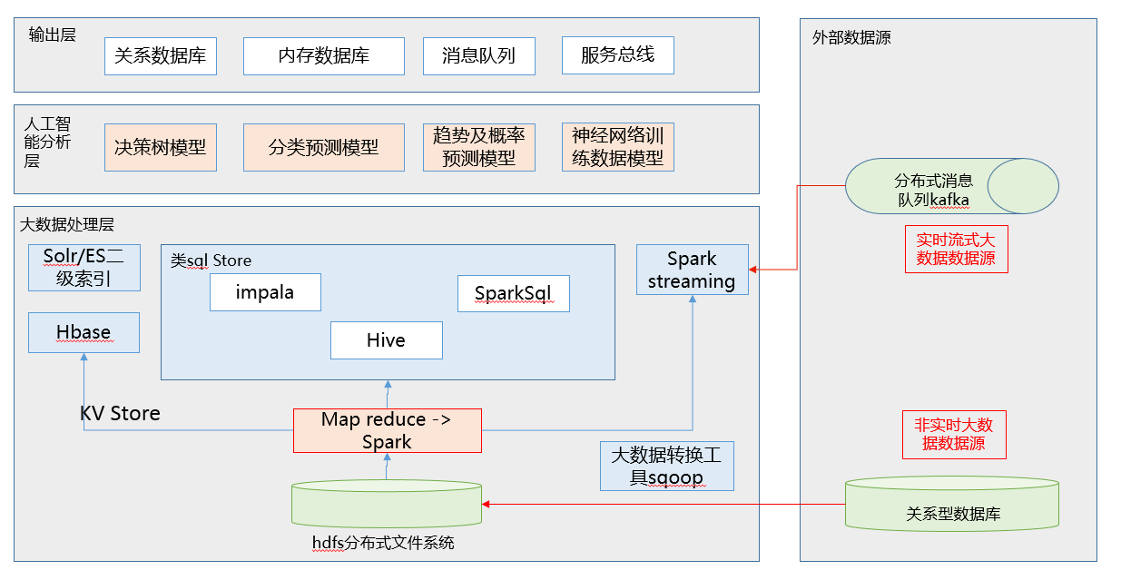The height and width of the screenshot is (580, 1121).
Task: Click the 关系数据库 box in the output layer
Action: click(x=161, y=55)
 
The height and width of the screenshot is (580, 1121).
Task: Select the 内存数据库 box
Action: click(x=323, y=55)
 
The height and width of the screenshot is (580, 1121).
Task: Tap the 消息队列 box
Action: click(x=478, y=55)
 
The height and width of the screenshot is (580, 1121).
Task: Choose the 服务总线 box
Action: click(x=617, y=55)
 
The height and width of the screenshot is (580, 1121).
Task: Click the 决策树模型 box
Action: click(x=161, y=147)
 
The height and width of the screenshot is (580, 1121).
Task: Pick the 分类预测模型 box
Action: click(x=323, y=147)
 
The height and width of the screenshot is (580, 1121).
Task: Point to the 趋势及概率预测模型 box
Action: click(x=478, y=147)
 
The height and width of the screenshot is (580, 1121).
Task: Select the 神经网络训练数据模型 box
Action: click(x=617, y=147)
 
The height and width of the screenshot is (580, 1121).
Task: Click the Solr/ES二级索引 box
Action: click(x=84, y=268)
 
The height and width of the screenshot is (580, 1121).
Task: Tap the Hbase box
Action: click(x=84, y=332)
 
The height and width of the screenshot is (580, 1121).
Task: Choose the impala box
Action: click(x=265, y=292)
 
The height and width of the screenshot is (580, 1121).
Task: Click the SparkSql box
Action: click(x=513, y=293)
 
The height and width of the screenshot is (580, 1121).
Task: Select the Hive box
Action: click(x=386, y=340)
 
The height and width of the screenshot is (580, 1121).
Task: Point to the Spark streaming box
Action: click(x=692, y=270)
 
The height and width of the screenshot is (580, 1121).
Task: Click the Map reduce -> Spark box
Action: click(x=387, y=430)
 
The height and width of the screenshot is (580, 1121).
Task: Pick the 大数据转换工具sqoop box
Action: click(x=666, y=466)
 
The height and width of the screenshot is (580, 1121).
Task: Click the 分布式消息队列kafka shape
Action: click(x=951, y=186)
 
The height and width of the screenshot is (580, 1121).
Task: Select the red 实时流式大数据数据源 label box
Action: click(x=956, y=249)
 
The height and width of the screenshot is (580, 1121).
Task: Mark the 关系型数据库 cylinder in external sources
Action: click(x=952, y=504)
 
